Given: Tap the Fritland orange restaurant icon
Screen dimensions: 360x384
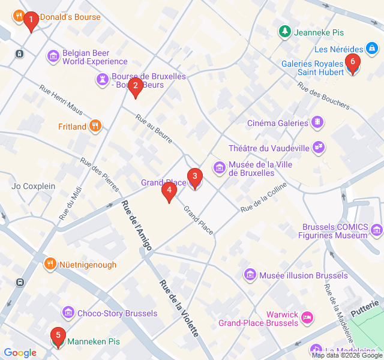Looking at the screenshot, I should point(95,126).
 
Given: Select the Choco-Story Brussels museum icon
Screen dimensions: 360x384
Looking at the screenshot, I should point(68,313).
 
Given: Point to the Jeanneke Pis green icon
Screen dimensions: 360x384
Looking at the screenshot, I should point(285,31).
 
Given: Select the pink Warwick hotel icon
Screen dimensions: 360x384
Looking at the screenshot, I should point(307,317).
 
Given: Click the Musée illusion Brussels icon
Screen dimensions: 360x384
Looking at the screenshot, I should point(250,275).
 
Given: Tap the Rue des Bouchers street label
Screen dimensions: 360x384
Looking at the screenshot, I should point(323,97).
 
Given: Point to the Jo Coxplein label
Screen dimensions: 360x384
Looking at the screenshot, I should point(33,186).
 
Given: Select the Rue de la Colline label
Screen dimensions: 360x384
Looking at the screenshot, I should point(263,197).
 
